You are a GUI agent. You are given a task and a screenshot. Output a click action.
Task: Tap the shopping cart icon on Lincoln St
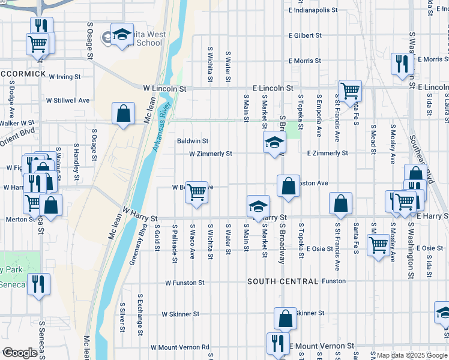(350, 91)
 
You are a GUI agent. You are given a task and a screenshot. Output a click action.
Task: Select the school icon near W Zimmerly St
(274, 142)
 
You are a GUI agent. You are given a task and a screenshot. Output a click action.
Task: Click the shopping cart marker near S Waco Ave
(196, 193)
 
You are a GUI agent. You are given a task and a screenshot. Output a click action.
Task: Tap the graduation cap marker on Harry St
(258, 206)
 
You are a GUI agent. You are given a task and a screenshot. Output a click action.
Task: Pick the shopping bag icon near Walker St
(123, 113)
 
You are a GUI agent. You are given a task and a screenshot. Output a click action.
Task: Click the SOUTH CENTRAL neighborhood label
(282, 281)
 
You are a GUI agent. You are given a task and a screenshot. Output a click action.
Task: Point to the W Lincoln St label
(164, 88)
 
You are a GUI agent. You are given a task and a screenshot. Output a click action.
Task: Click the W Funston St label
(185, 282)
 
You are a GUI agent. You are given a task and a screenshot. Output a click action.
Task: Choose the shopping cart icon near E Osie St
(378, 244)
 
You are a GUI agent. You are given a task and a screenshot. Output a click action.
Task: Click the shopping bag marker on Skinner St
(286, 318)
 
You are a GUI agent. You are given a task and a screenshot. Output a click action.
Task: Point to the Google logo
(19, 353)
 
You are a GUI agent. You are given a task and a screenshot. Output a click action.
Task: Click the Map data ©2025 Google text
(412, 355)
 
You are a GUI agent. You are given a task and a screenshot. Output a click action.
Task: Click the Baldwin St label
(192, 142)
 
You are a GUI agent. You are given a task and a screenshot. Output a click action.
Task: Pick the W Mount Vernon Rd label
(180, 347)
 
